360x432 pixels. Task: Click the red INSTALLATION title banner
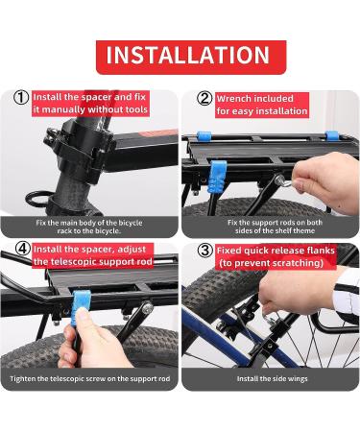coord(191,57)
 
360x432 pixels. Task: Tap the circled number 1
coord(21,97)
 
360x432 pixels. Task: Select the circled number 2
coord(204,98)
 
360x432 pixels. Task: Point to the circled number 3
coord(205,251)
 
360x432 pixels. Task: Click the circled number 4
coord(23,249)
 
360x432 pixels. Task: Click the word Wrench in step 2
coord(232,99)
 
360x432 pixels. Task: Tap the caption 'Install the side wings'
coord(272,379)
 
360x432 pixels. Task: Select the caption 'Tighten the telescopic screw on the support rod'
coord(89,379)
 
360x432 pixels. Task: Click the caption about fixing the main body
coord(89,227)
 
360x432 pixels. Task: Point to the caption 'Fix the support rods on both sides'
coord(275,227)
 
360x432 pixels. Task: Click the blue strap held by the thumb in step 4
coord(80,304)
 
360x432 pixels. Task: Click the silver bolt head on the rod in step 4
coord(147,308)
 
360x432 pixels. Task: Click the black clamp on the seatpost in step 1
coord(82,147)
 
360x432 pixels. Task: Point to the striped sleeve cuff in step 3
coord(346,295)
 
